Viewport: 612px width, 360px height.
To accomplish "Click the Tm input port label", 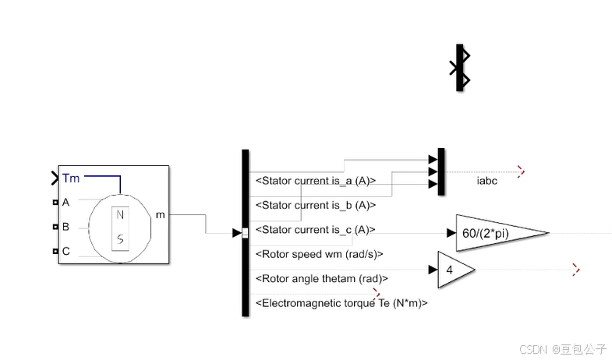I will click(x=71, y=178).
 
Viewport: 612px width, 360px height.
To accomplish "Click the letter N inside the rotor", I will click(x=120, y=215).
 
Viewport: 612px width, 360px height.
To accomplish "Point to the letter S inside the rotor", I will click(x=120, y=238).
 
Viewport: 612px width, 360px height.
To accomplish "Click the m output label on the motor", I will click(x=161, y=214).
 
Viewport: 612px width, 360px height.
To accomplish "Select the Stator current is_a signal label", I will click(x=316, y=181).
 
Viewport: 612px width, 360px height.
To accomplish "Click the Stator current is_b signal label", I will click(x=316, y=206).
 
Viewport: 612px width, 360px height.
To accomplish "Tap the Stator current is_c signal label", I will click(x=316, y=230).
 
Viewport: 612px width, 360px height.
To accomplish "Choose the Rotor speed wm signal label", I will click(x=319, y=254).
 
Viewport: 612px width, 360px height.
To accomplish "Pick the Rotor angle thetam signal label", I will click(x=321, y=278).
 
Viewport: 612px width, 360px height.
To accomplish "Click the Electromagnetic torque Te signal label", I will click(x=341, y=303).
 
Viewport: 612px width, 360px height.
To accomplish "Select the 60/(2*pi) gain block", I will click(x=496, y=232).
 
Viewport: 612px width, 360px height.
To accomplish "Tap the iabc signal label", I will click(x=487, y=181).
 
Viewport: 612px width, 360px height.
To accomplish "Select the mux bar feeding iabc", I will click(x=441, y=171).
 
